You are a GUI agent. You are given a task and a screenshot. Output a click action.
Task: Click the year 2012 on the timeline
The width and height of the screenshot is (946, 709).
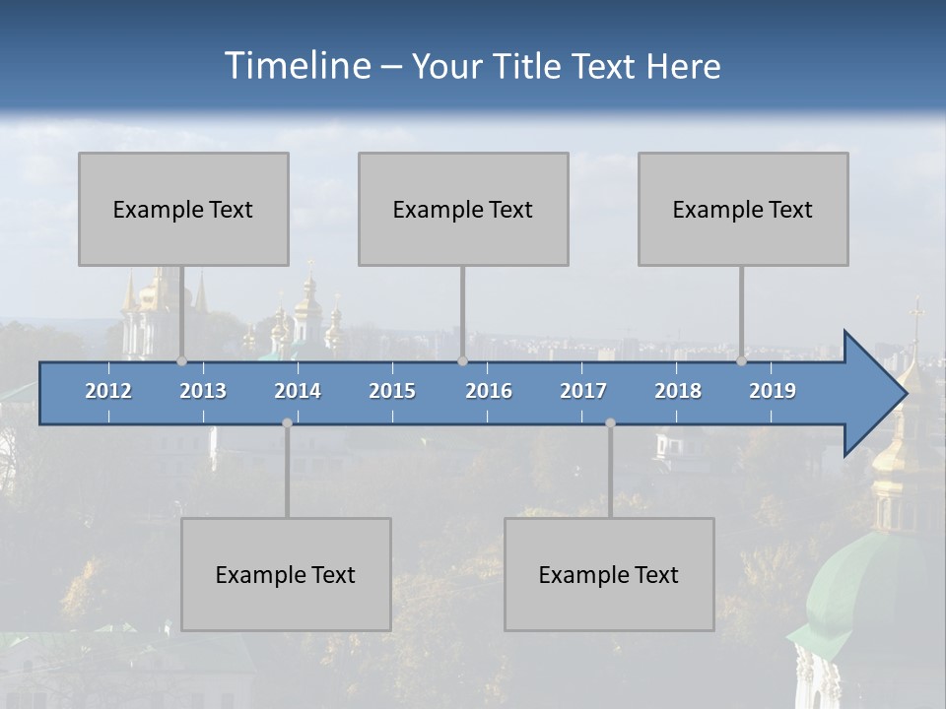pos(108,391)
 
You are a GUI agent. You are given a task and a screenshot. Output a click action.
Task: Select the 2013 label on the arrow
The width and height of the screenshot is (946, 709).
pos(203,391)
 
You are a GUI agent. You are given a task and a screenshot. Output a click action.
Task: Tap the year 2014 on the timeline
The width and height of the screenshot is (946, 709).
pos(298,391)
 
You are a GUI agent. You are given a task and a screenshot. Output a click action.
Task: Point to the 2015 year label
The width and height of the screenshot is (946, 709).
pos(392,391)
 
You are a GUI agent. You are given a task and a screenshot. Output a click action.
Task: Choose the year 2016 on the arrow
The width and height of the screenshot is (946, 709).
pos(489,391)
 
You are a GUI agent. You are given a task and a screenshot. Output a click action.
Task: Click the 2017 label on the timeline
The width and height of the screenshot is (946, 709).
pos(583,391)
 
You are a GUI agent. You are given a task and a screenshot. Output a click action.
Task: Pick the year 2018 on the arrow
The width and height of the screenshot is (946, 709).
pos(678,391)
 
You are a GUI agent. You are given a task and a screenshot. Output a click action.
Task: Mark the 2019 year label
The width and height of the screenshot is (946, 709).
pos(773,391)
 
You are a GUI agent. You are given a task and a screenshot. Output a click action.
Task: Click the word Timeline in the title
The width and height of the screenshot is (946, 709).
pos(297,66)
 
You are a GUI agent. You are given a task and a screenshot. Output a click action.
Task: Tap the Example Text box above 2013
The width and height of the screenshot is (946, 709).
pos(183,209)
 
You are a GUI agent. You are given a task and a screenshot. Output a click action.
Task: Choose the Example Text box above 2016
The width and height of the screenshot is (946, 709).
pos(463,209)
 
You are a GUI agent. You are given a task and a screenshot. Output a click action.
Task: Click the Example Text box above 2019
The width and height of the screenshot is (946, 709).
pos(743,209)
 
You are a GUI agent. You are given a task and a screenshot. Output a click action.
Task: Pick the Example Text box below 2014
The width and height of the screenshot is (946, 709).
pos(286,574)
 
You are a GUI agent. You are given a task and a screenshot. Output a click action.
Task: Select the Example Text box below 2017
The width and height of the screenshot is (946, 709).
pos(609,574)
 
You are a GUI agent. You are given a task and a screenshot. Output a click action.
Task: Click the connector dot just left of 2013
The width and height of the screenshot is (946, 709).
pos(181,361)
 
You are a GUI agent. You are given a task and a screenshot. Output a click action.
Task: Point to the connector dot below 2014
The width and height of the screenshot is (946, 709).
pos(287,422)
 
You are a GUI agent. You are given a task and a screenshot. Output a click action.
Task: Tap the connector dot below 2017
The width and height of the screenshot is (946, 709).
pos(610,422)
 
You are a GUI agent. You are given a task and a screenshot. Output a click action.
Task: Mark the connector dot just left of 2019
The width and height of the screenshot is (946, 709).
pos(741,361)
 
